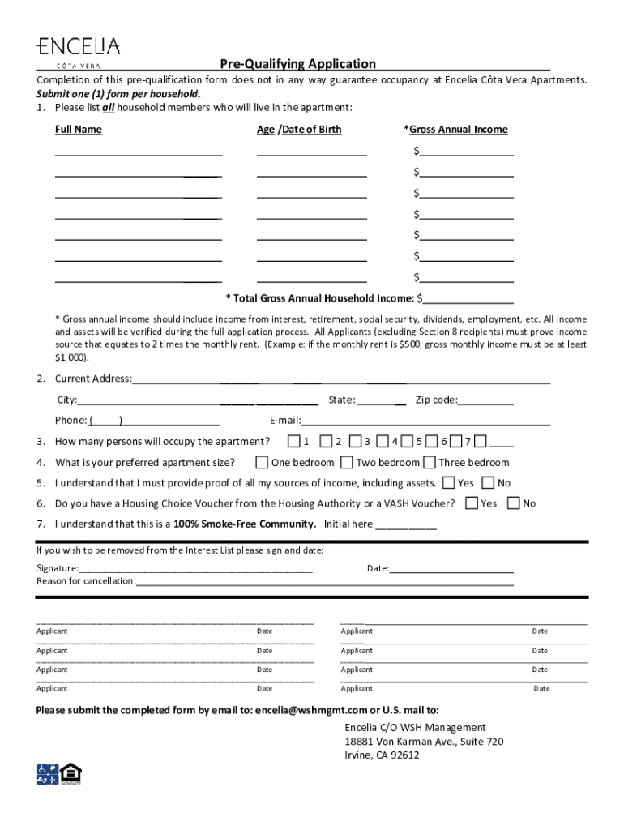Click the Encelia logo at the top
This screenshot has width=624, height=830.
click(x=78, y=50)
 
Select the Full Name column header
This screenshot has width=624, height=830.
click(x=79, y=130)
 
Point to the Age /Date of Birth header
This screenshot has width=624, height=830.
click(x=299, y=130)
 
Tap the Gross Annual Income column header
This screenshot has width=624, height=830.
click(x=455, y=130)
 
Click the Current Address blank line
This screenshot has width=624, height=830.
click(x=340, y=379)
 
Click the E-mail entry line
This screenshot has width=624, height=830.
click(x=425, y=420)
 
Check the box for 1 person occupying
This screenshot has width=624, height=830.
click(x=293, y=442)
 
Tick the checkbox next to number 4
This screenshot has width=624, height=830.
click(x=382, y=442)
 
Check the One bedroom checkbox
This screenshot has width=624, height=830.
click(x=262, y=463)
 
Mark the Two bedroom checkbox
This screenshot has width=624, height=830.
click(x=346, y=463)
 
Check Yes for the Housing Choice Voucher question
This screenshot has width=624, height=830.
click(x=472, y=503)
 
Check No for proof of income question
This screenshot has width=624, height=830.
click(x=488, y=483)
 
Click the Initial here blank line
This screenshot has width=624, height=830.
click(x=406, y=524)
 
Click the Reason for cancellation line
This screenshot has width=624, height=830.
click(x=324, y=581)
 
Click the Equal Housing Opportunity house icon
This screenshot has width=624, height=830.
click(x=72, y=774)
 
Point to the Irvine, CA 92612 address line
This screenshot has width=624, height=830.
click(x=382, y=755)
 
